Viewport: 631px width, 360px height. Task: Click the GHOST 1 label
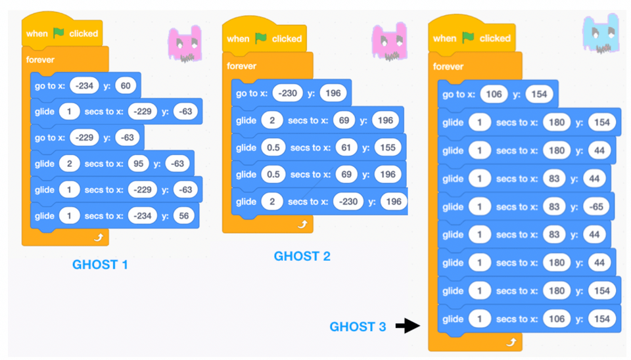[x=100, y=265]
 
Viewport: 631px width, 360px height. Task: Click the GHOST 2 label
[x=302, y=256]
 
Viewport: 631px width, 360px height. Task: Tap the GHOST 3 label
[x=358, y=326]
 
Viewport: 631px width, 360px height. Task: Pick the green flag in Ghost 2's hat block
[x=261, y=39]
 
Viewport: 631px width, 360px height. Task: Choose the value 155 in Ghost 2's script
[x=388, y=148]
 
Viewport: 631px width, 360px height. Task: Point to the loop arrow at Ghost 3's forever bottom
[x=510, y=342]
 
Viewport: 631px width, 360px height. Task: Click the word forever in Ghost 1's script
[x=41, y=60]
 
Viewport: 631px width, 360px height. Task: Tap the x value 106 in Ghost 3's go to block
[x=494, y=94]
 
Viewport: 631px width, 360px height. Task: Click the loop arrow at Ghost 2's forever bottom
[x=303, y=225]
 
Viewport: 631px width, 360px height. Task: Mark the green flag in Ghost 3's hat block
[x=467, y=38]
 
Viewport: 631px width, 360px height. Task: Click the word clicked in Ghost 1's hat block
[x=83, y=34]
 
